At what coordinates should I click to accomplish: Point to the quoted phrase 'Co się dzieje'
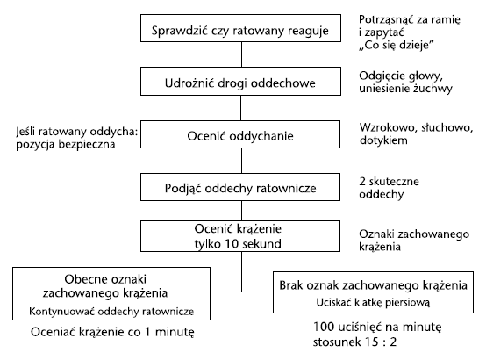(x=397, y=45)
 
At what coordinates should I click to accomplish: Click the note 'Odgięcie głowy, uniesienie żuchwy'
(x=405, y=82)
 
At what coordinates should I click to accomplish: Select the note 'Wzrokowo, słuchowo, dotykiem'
(x=416, y=133)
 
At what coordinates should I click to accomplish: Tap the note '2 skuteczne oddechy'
(x=389, y=188)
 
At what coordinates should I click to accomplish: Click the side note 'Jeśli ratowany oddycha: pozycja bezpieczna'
(x=76, y=138)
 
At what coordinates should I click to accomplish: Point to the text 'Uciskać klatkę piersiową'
(x=373, y=302)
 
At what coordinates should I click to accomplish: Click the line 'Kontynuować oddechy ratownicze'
(x=111, y=312)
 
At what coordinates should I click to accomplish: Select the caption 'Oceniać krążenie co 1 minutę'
(x=112, y=332)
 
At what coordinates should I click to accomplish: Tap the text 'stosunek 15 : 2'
(x=354, y=342)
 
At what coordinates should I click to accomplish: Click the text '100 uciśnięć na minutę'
(x=377, y=327)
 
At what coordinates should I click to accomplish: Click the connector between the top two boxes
(x=241, y=54)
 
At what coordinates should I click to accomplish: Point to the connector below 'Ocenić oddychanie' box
(x=241, y=161)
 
